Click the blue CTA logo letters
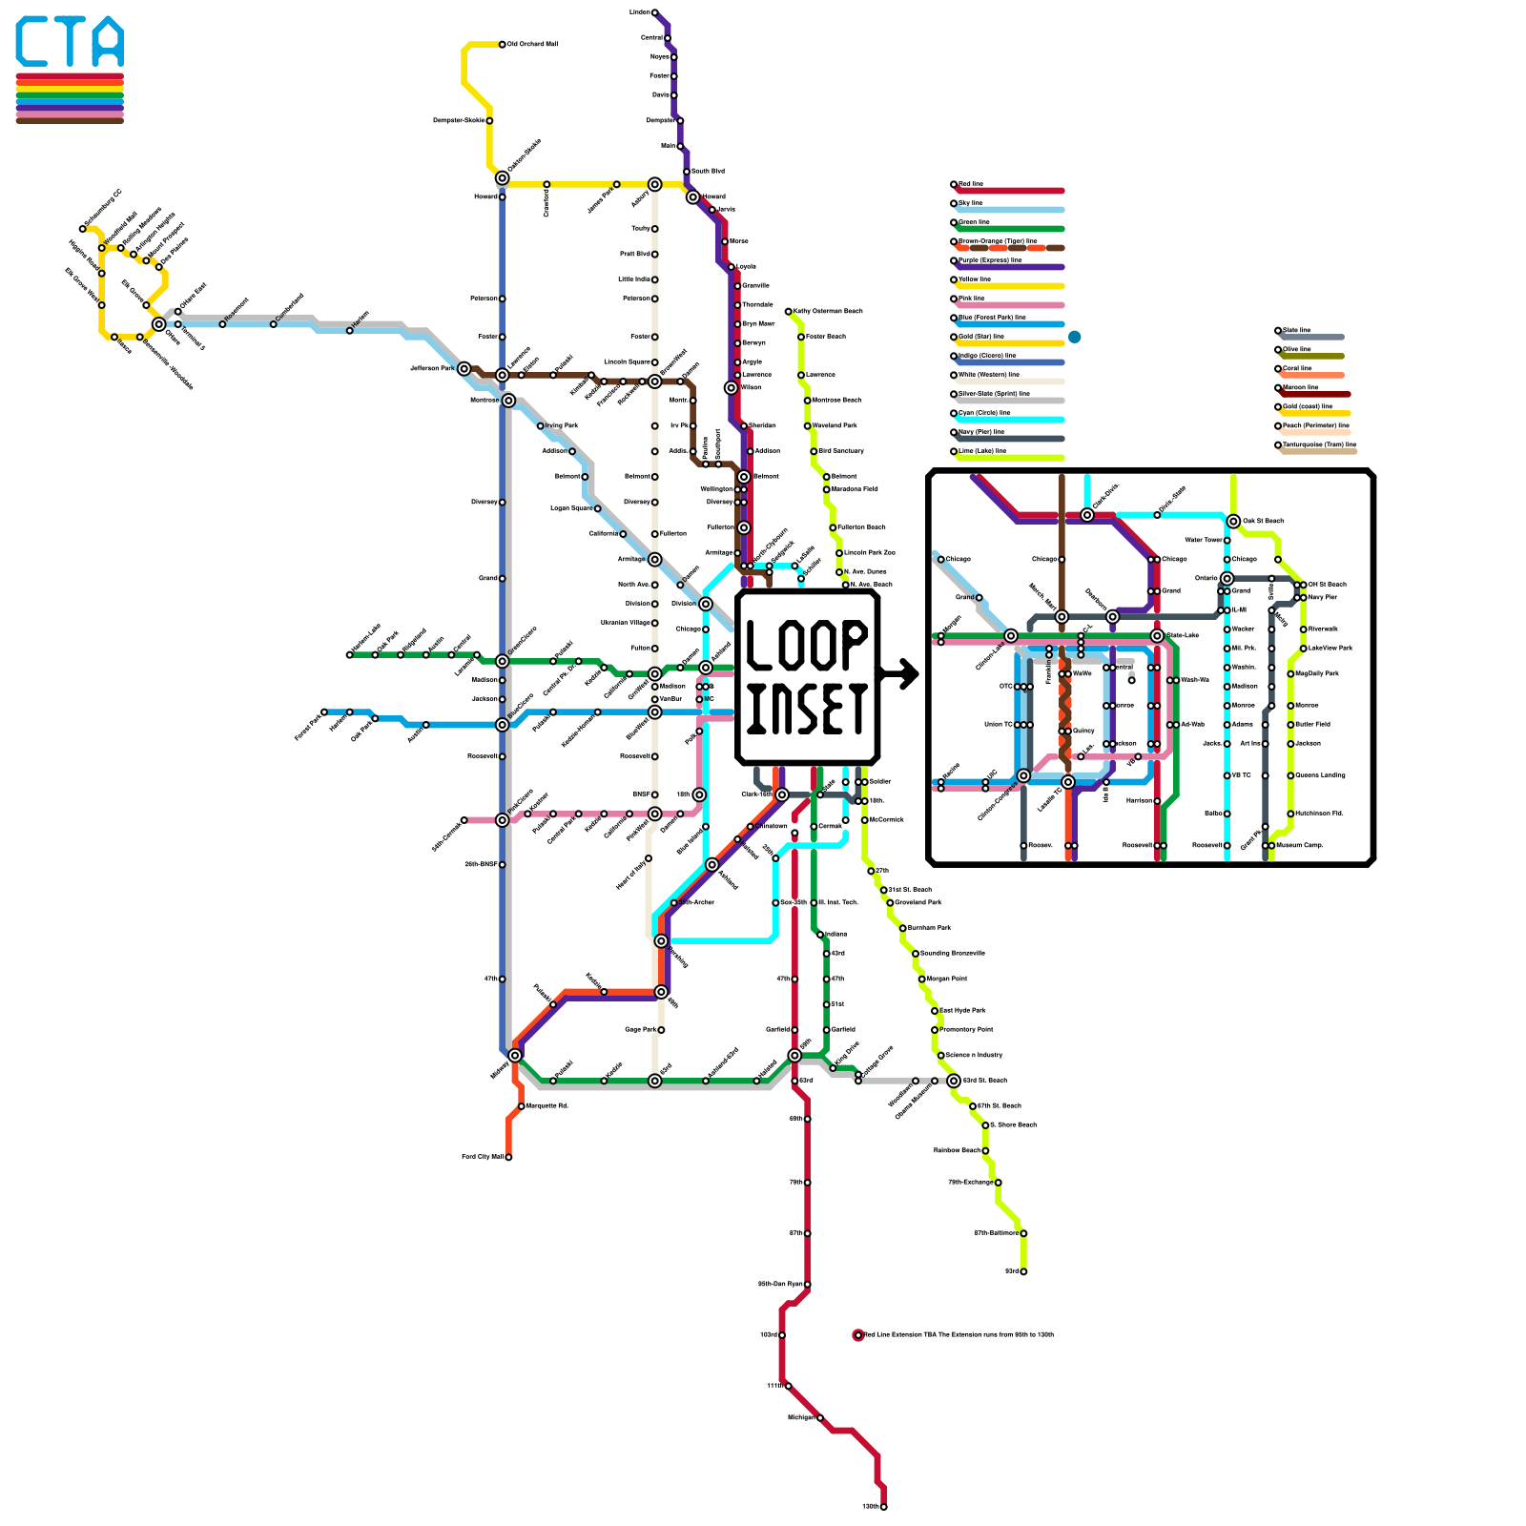pyautogui.click(x=70, y=42)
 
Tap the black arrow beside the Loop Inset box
pyautogui.click(x=901, y=674)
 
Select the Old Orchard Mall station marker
pyautogui.click(x=503, y=44)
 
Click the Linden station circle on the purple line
pyautogui.click(x=654, y=12)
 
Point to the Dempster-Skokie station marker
pyautogui.click(x=489, y=121)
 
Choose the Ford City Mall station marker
pyautogui.click(x=508, y=1157)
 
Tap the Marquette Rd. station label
pyautogui.click(x=547, y=1106)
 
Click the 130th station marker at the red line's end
pyautogui.click(x=884, y=1507)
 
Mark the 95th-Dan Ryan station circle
pyautogui.click(x=808, y=1285)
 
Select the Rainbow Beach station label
pyautogui.click(x=957, y=1151)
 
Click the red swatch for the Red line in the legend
pyautogui.click(x=1011, y=191)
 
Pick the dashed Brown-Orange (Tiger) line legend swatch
pyautogui.click(x=1011, y=248)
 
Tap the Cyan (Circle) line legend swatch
pyautogui.click(x=1011, y=420)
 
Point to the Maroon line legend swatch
pyautogui.click(x=1316, y=394)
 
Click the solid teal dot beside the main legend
pyautogui.click(x=1075, y=337)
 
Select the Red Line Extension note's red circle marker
pyautogui.click(x=857, y=1335)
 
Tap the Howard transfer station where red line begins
pyautogui.click(x=693, y=197)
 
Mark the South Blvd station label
pyautogui.click(x=708, y=172)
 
